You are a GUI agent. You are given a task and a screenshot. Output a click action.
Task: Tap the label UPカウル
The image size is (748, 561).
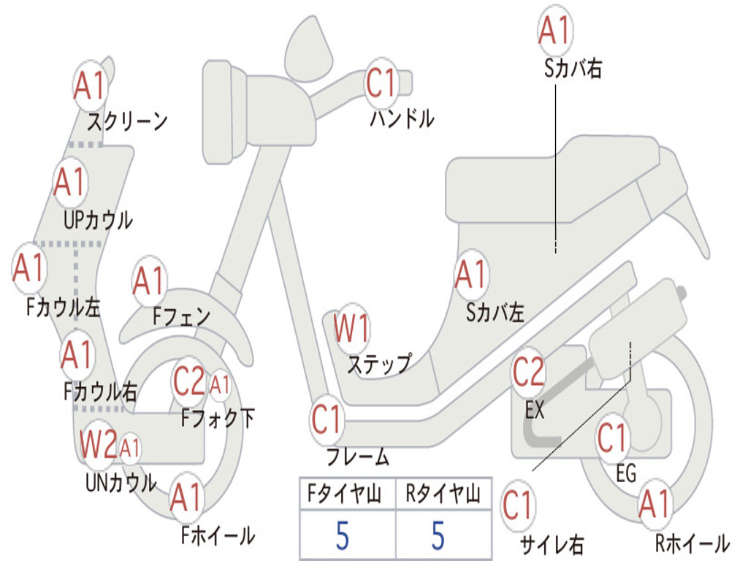(98, 219)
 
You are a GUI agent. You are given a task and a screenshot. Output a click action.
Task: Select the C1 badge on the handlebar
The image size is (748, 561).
(381, 83)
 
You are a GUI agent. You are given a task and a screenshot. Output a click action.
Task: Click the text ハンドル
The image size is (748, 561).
(402, 118)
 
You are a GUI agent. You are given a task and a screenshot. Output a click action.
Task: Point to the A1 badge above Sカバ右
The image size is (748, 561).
(554, 31)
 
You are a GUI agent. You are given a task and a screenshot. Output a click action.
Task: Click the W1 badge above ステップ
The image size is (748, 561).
(351, 329)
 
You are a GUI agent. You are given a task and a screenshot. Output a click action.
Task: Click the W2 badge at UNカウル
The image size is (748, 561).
(99, 443)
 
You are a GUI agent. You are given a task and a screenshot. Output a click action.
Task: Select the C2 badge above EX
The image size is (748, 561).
(528, 373)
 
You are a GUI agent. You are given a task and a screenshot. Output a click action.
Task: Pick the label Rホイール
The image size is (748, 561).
(691, 543)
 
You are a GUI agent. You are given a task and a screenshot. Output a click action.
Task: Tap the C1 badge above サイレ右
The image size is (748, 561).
(518, 505)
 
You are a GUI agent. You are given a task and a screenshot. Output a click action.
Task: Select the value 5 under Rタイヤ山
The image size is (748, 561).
(438, 536)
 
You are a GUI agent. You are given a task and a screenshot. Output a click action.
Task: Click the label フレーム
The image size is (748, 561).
(357, 458)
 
